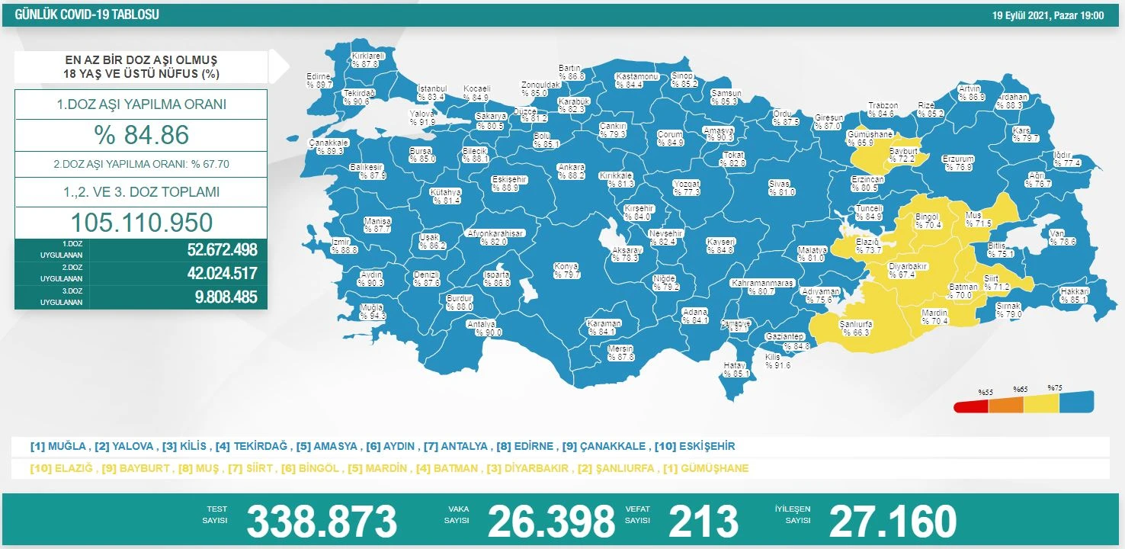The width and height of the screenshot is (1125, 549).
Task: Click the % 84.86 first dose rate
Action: pyautogui.click(x=141, y=135)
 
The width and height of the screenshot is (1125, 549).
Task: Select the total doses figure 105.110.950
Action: pyautogui.click(x=141, y=222)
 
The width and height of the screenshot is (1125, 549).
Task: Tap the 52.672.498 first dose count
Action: pyautogui.click(x=222, y=250)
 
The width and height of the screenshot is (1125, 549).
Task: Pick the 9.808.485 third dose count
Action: pyautogui.click(x=226, y=297)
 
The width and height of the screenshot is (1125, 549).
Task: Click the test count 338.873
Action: pyautogui.click(x=322, y=522)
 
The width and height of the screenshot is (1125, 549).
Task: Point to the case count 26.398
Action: pyautogui.click(x=550, y=522)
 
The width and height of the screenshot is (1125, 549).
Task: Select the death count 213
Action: pyautogui.click(x=703, y=522)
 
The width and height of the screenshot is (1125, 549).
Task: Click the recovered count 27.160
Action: pyautogui.click(x=892, y=522)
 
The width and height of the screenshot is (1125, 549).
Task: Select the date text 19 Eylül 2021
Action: pyautogui.click(x=1023, y=15)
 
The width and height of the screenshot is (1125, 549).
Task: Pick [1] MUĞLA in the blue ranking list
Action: pyautogui.click(x=58, y=446)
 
